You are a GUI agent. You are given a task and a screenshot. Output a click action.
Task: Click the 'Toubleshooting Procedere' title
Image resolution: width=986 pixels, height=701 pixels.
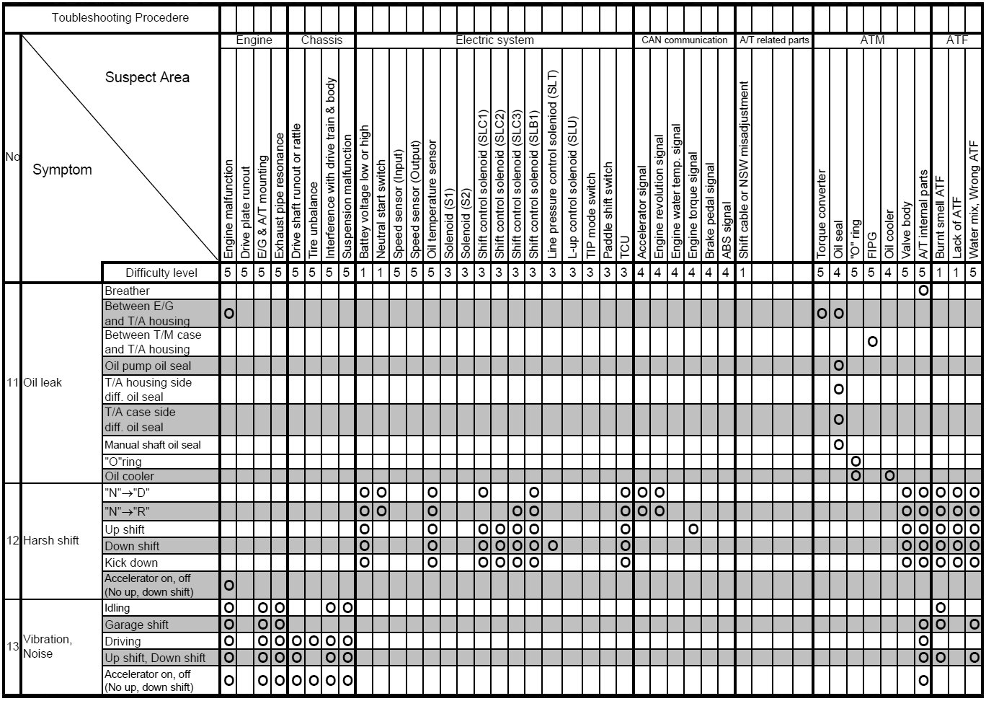pyautogui.click(x=120, y=17)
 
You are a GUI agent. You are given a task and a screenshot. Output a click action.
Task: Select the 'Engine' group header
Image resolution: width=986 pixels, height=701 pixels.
pyautogui.click(x=254, y=40)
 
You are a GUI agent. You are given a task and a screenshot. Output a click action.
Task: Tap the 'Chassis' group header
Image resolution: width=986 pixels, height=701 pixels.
pyautogui.click(x=321, y=40)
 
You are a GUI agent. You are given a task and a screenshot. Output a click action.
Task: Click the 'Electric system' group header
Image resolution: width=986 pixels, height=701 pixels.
pyautogui.click(x=494, y=40)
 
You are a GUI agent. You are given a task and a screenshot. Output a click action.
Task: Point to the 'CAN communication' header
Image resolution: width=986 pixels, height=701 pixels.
pyautogui.click(x=684, y=40)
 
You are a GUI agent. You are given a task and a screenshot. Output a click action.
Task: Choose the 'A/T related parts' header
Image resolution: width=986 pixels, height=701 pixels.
pyautogui.click(x=774, y=40)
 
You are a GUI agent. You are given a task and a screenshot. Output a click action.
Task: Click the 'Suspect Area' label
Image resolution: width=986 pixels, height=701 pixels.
pyautogui.click(x=147, y=77)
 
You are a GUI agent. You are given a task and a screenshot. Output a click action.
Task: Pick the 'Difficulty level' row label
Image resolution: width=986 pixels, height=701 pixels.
pyautogui.click(x=161, y=273)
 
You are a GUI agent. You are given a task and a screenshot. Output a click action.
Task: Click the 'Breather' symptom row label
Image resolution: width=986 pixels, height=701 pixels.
pyautogui.click(x=128, y=291)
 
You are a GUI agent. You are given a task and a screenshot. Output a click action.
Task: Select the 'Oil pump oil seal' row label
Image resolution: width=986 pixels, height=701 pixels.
pyautogui.click(x=148, y=366)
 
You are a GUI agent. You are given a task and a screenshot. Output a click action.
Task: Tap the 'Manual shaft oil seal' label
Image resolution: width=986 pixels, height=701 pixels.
pyautogui.click(x=153, y=445)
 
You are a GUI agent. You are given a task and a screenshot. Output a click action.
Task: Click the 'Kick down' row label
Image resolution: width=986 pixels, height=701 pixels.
pyautogui.click(x=131, y=563)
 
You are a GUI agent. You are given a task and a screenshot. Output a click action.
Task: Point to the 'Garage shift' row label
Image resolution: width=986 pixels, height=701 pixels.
pyautogui.click(x=136, y=625)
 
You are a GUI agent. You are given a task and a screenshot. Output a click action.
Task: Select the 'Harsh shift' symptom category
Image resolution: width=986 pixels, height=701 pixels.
pyautogui.click(x=50, y=540)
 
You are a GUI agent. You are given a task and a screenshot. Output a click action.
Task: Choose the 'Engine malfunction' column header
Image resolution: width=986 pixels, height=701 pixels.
pyautogui.click(x=228, y=209)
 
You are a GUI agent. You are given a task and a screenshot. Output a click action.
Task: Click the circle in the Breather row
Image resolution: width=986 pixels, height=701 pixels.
pyautogui.click(x=923, y=291)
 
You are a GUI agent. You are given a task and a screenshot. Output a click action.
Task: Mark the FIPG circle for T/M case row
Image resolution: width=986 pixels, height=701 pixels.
pyautogui.click(x=873, y=341)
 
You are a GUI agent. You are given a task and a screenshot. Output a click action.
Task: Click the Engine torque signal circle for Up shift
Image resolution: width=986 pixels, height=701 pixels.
pyautogui.click(x=693, y=529)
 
